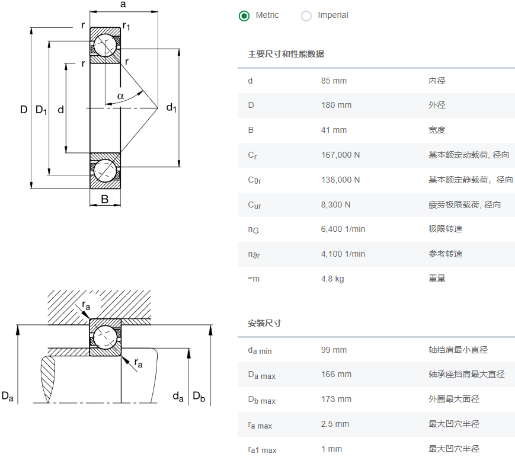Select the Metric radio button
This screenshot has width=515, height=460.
coord(244,16)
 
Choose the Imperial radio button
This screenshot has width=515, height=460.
coord(306,16)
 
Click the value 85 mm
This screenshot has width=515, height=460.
coord(334,81)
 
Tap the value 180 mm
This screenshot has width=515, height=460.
coord(336,106)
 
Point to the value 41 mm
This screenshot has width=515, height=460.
coord(334,130)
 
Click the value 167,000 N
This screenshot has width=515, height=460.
coord(340,155)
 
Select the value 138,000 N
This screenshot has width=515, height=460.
coord(340,180)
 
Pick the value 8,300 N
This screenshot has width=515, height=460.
coord(335,205)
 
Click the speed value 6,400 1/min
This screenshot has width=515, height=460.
coord(343,229)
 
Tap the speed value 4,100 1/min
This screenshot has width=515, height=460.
coord(343,254)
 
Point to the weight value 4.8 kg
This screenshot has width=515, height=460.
coord(332,279)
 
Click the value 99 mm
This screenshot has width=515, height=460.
coord(334,350)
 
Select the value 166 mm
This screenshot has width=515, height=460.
coord(336,375)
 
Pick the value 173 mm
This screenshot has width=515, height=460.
coord(336,400)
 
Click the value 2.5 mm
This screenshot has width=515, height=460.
coord(335,424)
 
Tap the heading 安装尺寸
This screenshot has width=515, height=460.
coord(264,324)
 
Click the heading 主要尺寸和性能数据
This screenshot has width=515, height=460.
coord(286,55)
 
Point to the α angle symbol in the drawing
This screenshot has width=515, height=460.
coord(120,96)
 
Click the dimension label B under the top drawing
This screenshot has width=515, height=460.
coord(105,200)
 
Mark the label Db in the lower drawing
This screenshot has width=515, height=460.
coord(199,397)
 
